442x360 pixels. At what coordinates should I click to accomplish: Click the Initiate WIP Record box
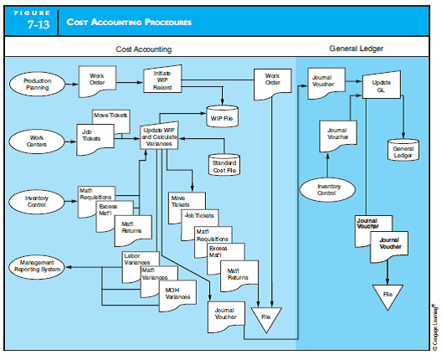point(163,80)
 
